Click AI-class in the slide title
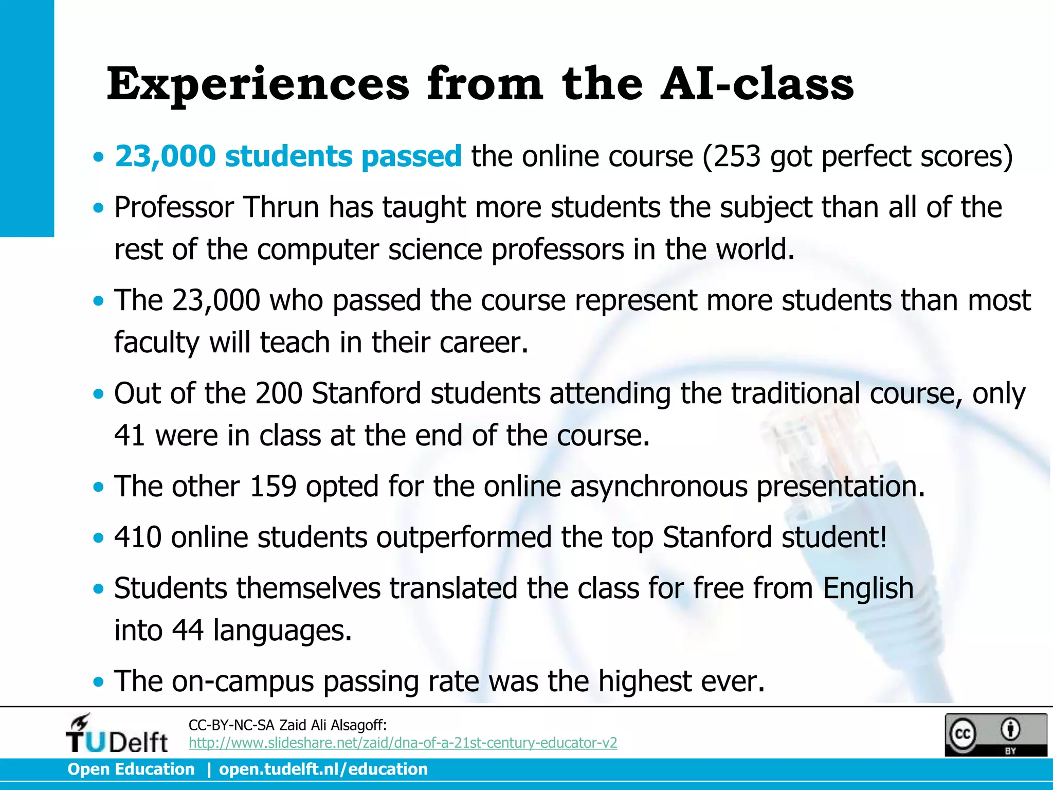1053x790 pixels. pyautogui.click(x=757, y=84)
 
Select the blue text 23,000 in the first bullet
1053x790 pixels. pyautogui.click(x=165, y=156)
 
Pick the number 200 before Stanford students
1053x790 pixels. pyautogui.click(x=279, y=393)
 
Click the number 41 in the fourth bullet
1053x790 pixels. pyautogui.click(x=130, y=436)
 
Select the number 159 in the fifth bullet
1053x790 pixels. pyautogui.click(x=273, y=486)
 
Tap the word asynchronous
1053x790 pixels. pyautogui.click(x=659, y=486)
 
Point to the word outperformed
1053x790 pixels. pyautogui.click(x=464, y=537)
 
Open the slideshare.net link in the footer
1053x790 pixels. pyautogui.click(x=403, y=743)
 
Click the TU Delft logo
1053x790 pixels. pyautogui.click(x=117, y=734)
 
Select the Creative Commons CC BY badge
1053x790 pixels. pyautogui.click(x=995, y=734)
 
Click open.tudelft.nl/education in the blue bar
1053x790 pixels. pyautogui.click(x=323, y=769)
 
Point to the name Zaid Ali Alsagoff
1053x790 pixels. pyautogui.click(x=332, y=725)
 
